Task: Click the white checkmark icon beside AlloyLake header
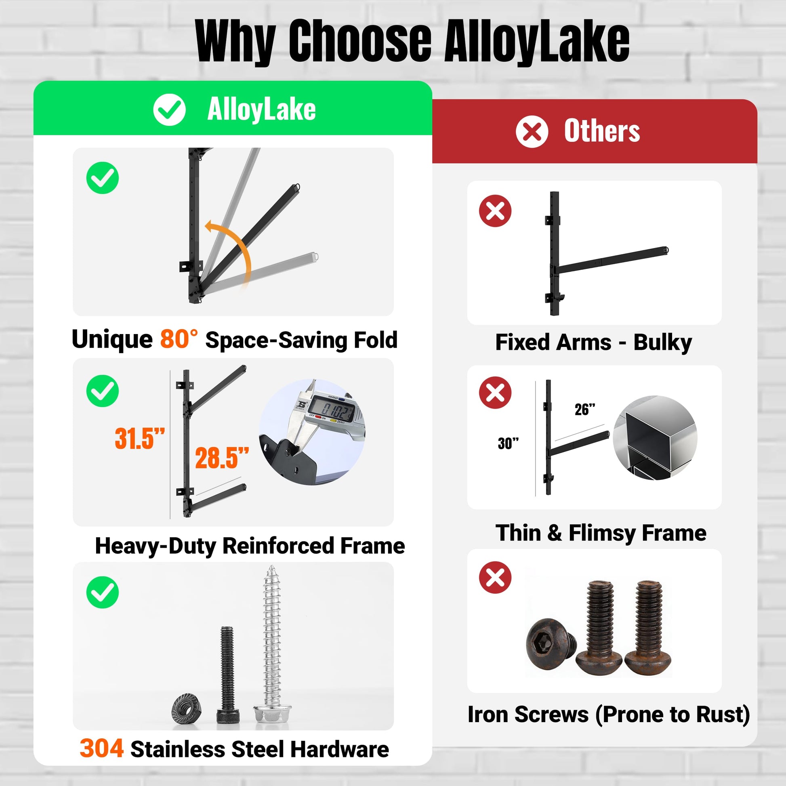click(169, 109)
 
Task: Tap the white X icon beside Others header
click(532, 131)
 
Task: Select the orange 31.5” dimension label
click(139, 439)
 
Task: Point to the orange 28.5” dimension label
click(222, 458)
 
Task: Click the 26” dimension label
click(585, 410)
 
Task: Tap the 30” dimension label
click(508, 443)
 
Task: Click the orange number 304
click(102, 748)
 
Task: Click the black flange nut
click(185, 708)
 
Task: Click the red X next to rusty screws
click(495, 577)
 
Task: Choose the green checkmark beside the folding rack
click(103, 178)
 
